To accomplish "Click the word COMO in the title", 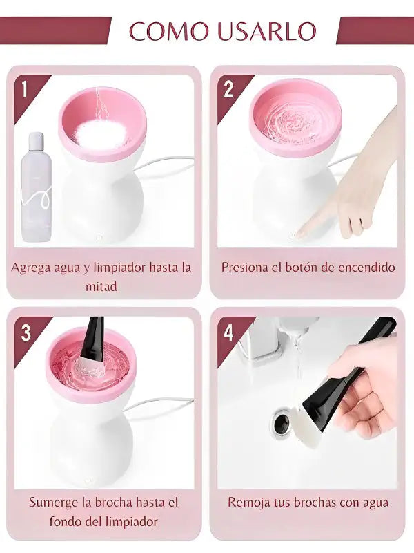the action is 168,30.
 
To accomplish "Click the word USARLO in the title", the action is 267,30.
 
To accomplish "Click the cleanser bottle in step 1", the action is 37,187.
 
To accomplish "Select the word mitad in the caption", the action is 101,286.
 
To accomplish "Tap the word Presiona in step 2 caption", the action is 245,267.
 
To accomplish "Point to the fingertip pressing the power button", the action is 300,232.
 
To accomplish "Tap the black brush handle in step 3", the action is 92,336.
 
